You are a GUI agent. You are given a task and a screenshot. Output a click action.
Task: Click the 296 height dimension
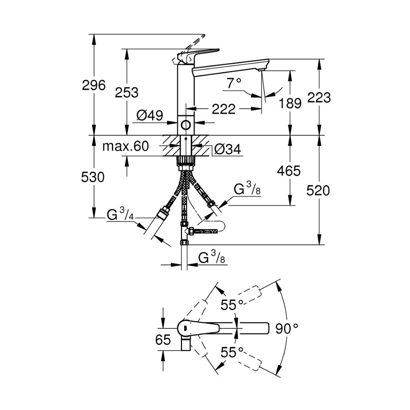pos(94,86)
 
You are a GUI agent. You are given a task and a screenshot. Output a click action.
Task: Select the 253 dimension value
pos(127,93)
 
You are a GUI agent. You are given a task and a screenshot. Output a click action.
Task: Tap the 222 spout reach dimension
pos(223,109)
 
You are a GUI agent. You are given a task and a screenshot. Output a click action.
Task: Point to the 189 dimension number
pos(290,103)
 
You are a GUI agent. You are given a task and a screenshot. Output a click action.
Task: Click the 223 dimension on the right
pos(319,98)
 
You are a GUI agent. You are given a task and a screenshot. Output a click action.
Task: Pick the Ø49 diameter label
pos(150,116)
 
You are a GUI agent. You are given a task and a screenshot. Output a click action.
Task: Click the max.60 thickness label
pos(125,146)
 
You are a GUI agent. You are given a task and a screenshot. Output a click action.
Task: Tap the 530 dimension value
pos(93,177)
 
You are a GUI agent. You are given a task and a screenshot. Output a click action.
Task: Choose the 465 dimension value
pos(289,171)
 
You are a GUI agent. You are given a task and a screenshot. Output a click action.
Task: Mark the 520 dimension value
pos(318,190)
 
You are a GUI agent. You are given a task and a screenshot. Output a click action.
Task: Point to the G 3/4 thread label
pos(121,214)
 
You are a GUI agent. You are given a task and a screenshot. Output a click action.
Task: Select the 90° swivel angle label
pos(287,328)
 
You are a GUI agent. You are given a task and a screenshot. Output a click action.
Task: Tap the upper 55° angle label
pos(232,305)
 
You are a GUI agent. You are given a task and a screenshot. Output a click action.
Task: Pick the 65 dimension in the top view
pos(163,340)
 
